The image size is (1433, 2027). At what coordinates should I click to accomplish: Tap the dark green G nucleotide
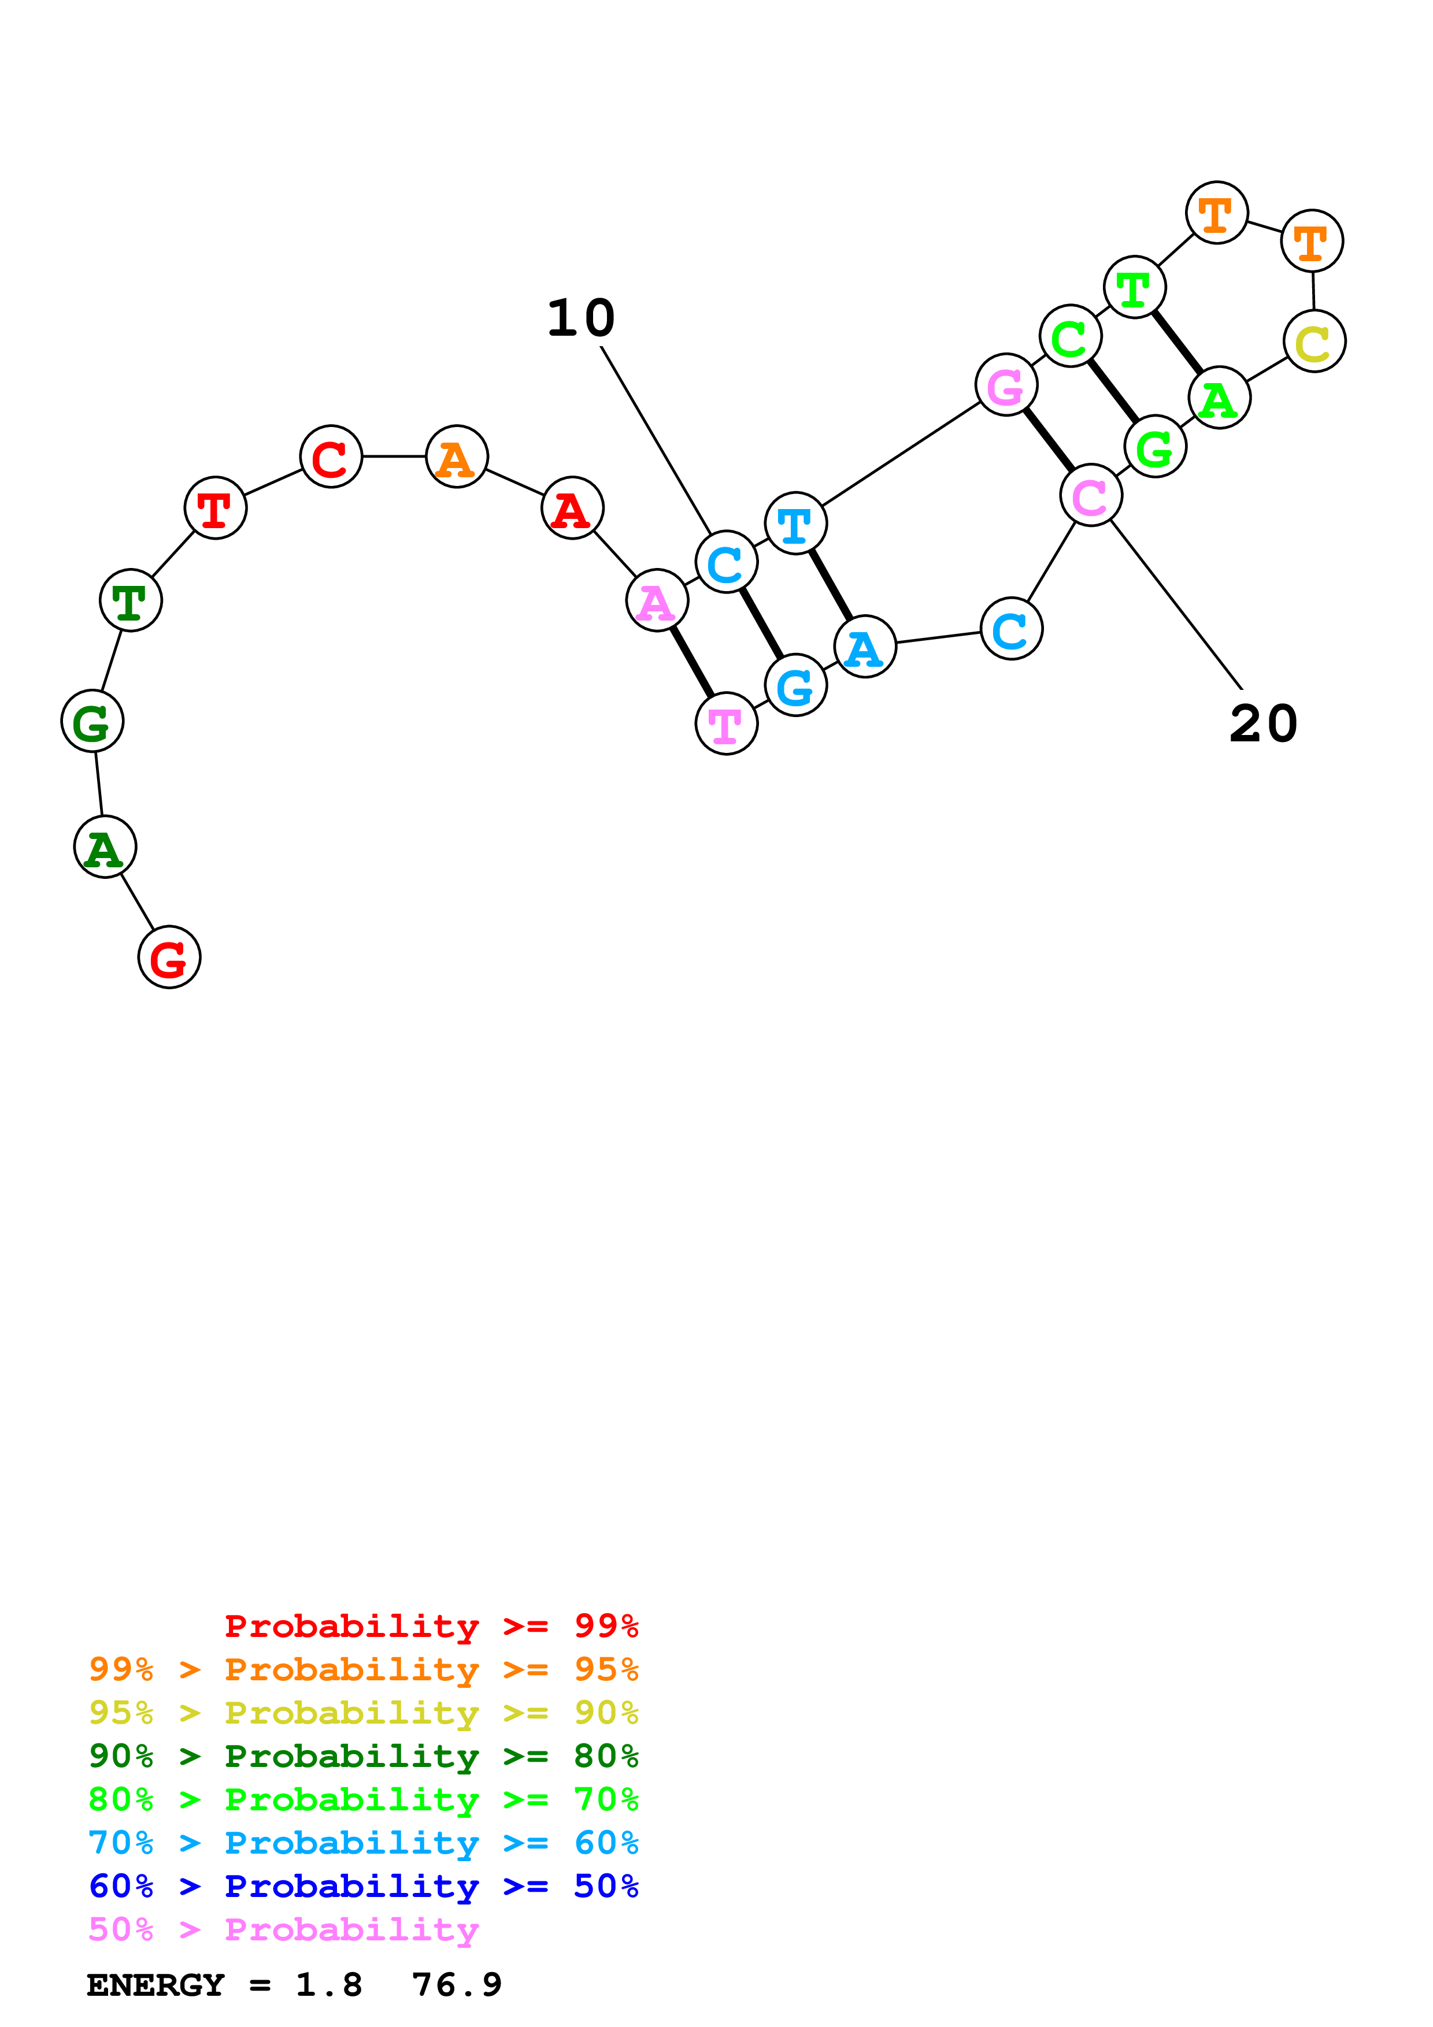[x=92, y=721]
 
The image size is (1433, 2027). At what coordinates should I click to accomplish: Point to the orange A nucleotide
[x=457, y=456]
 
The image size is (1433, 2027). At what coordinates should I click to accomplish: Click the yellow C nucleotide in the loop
[x=1314, y=341]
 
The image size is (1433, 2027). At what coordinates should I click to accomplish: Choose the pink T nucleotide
[x=726, y=724]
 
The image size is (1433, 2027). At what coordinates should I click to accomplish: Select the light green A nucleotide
[x=1219, y=398]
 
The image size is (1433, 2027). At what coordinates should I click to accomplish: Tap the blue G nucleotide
[x=795, y=686]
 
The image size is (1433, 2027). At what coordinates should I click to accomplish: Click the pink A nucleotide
[x=656, y=601]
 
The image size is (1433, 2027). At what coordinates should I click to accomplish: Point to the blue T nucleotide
[x=795, y=524]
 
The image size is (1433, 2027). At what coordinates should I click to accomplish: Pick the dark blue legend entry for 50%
[x=363, y=1887]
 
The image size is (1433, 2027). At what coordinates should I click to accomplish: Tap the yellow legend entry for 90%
[x=363, y=1713]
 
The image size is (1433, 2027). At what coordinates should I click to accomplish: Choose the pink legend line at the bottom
[x=283, y=1930]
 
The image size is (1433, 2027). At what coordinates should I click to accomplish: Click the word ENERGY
[x=155, y=1985]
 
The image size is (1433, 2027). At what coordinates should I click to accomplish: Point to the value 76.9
[x=457, y=1985]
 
